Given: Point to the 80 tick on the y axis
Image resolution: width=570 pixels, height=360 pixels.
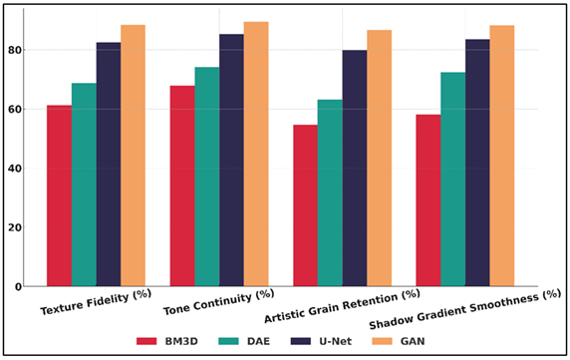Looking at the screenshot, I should point(26,50).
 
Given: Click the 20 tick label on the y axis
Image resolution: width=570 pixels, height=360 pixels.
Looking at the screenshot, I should point(26,227).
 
